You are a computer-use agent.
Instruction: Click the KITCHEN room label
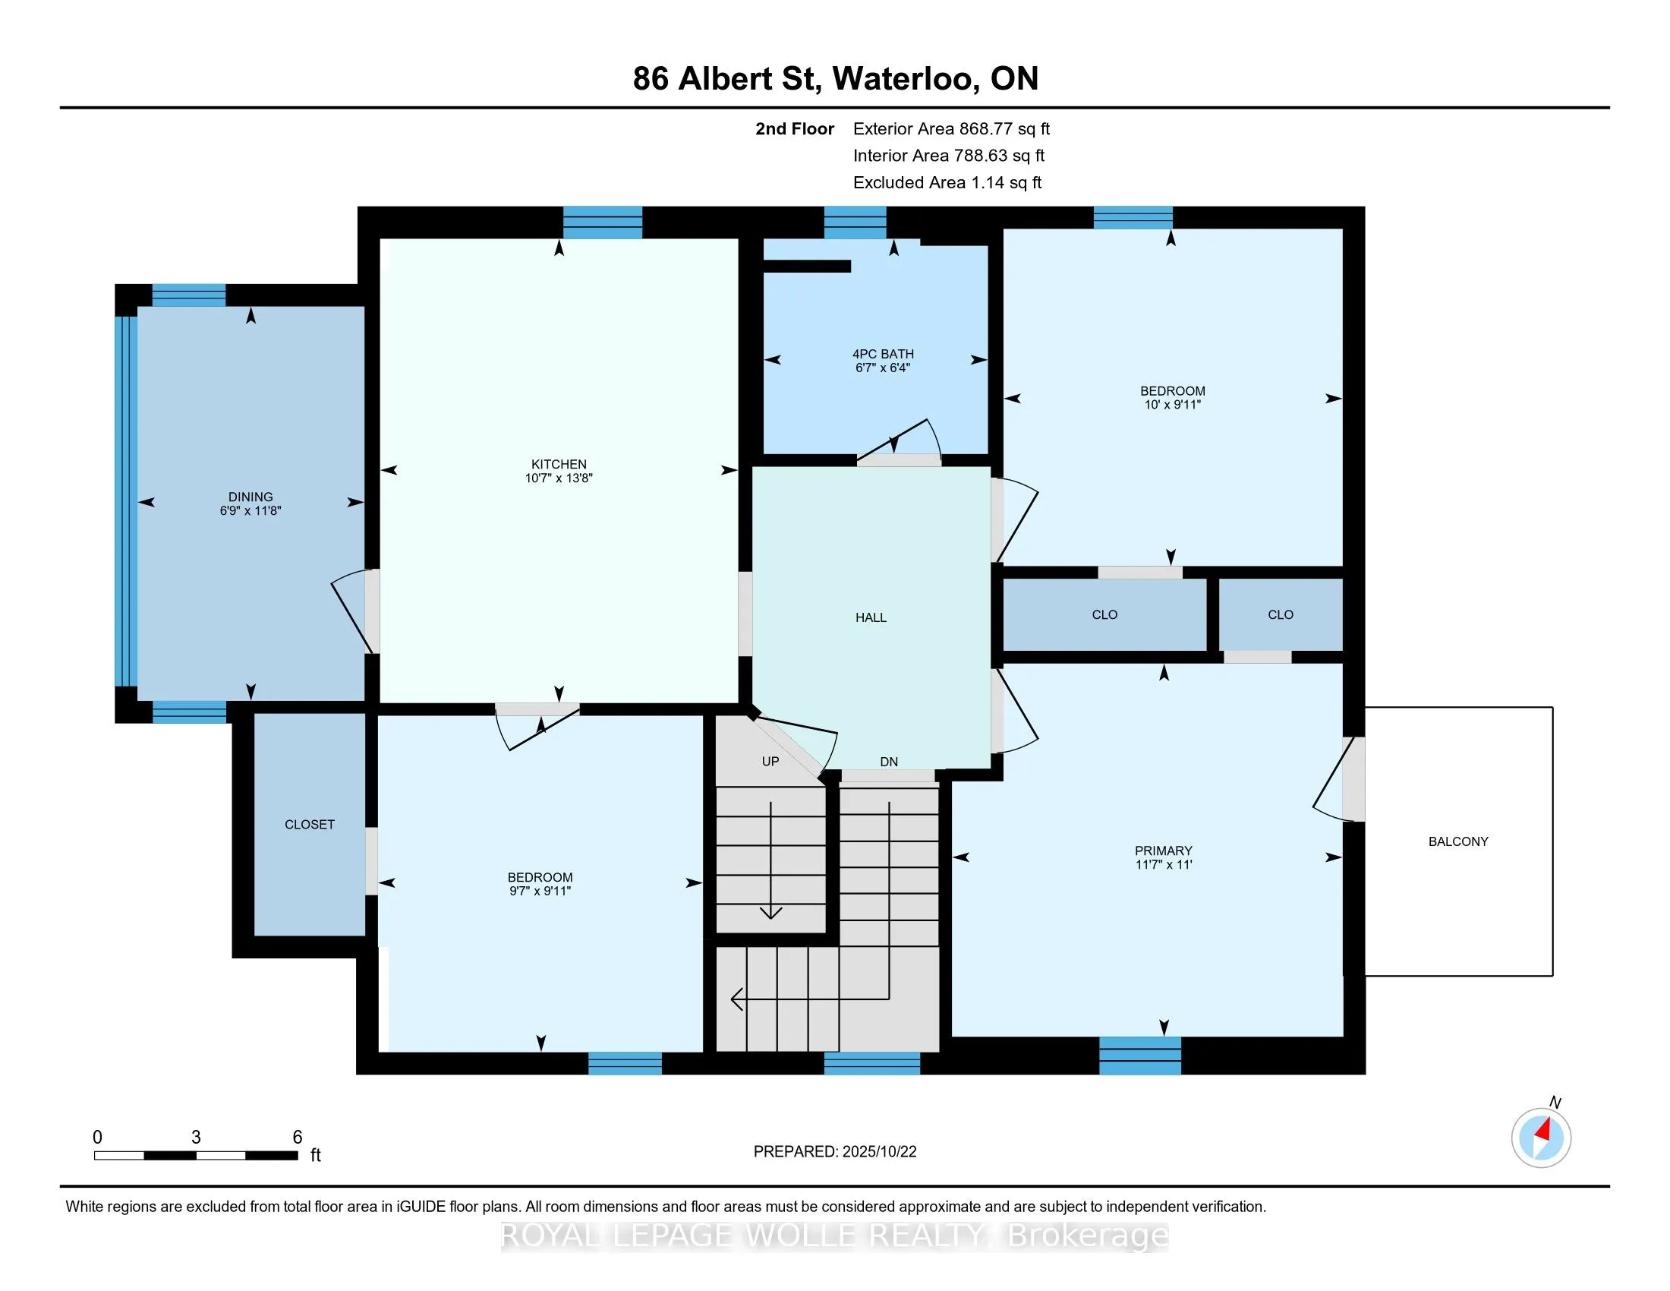559,464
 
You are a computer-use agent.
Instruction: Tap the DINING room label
250,497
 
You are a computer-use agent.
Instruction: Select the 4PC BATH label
883,354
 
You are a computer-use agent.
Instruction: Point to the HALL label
871,617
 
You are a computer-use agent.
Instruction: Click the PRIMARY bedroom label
1163,851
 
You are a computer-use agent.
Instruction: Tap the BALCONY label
1458,841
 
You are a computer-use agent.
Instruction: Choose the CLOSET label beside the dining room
310,825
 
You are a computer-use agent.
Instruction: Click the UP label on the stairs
770,761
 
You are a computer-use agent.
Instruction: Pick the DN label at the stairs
889,762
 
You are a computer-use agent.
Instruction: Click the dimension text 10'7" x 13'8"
559,478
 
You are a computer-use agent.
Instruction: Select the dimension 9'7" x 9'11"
540,891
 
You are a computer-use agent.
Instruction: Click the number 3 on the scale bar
196,1138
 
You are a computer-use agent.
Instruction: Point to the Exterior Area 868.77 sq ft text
952,129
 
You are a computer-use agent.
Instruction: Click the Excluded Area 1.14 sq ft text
947,183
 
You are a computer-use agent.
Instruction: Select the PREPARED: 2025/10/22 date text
835,1152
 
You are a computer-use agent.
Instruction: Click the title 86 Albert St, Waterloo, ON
836,78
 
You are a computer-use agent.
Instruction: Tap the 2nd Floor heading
795,129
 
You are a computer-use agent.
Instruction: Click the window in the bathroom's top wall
855,223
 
